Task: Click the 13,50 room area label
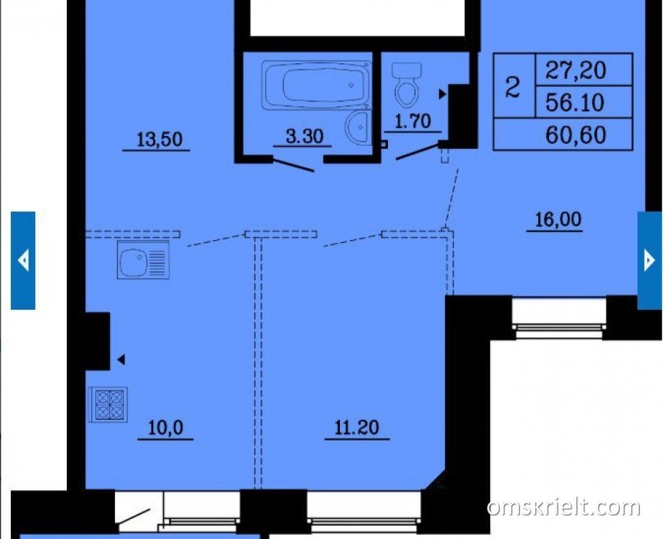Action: [160, 139]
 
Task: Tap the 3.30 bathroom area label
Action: [305, 136]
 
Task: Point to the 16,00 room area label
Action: [558, 219]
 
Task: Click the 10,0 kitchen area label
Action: [165, 428]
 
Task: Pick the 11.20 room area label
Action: [357, 428]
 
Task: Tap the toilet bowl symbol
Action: [407, 85]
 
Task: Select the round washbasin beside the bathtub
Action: [359, 126]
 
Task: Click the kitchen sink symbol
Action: [143, 259]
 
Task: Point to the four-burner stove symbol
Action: [109, 405]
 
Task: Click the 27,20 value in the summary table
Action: [576, 70]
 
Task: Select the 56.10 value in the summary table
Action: [575, 102]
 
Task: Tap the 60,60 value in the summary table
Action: [576, 134]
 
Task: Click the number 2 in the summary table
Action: [513, 87]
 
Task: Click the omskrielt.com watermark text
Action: [563, 507]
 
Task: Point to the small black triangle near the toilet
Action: [443, 94]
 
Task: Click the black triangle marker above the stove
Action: [121, 359]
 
